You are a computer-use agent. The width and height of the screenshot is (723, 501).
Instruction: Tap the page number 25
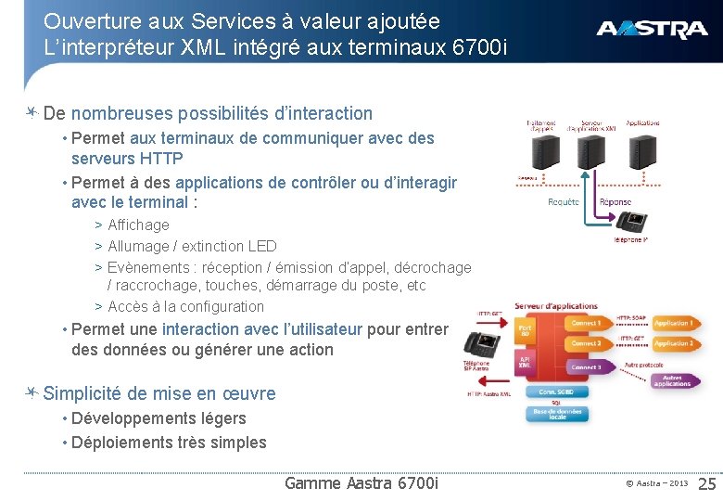pyautogui.click(x=706, y=483)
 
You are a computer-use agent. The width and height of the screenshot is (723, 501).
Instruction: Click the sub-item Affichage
pyautogui.click(x=138, y=225)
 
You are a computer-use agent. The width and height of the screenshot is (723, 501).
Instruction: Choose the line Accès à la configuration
pyautogui.click(x=185, y=306)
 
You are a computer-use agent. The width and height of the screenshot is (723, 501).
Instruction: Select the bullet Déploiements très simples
pyautogui.click(x=169, y=443)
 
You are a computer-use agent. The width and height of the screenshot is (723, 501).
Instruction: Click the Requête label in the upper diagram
pyautogui.click(x=563, y=202)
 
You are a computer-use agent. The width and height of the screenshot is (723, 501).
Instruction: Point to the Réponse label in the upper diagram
pyautogui.click(x=615, y=202)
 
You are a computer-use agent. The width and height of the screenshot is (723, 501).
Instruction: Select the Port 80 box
pyautogui.click(x=526, y=331)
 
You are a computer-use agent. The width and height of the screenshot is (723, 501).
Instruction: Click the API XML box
pyautogui.click(x=526, y=363)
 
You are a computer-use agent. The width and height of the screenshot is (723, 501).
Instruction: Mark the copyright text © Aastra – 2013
pyautogui.click(x=656, y=483)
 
